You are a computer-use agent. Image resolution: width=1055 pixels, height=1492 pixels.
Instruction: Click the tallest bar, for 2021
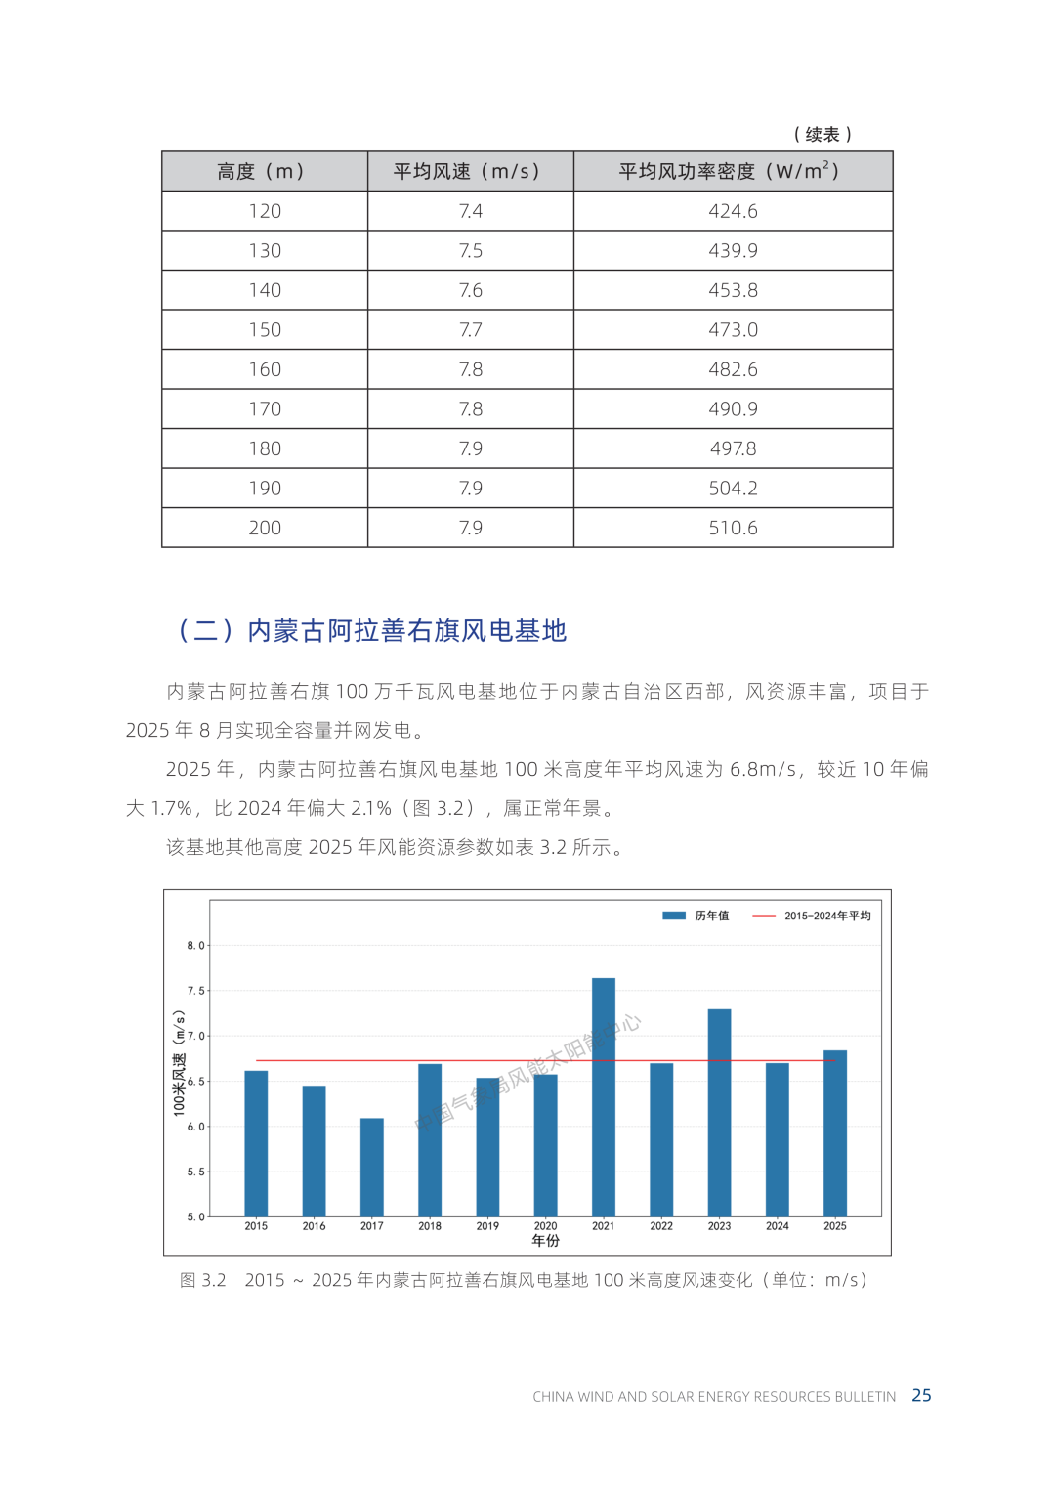pos(604,1096)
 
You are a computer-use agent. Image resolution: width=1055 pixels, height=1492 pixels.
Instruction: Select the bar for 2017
pos(372,1167)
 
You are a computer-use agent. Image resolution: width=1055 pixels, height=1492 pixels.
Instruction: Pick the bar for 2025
pos(835,1132)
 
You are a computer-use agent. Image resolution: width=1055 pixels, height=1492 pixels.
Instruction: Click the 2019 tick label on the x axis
pos(487,1226)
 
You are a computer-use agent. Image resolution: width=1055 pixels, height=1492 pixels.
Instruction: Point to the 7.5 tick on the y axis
pos(196,991)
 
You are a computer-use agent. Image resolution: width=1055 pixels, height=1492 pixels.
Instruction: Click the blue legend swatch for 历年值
pos(674,916)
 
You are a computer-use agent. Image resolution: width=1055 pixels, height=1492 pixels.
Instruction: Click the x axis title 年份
pos(546,1241)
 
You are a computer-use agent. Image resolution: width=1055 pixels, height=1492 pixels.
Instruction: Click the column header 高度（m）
pos(264,172)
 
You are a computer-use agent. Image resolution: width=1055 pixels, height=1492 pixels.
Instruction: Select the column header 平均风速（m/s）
pos(470,172)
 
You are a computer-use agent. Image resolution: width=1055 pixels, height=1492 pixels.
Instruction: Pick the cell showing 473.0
pos(733,330)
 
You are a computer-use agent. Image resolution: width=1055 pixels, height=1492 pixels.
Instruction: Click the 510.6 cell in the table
pos(733,528)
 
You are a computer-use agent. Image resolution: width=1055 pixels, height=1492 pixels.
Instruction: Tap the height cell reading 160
pos(264,369)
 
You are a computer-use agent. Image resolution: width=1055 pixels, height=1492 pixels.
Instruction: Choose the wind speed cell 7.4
pos(470,211)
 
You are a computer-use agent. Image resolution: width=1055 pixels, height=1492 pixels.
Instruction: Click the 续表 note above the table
pos(823,135)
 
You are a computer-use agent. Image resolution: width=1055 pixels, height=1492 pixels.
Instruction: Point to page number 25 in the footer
pos(921,1395)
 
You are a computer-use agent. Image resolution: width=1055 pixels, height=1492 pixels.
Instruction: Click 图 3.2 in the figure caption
pos(203,1280)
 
